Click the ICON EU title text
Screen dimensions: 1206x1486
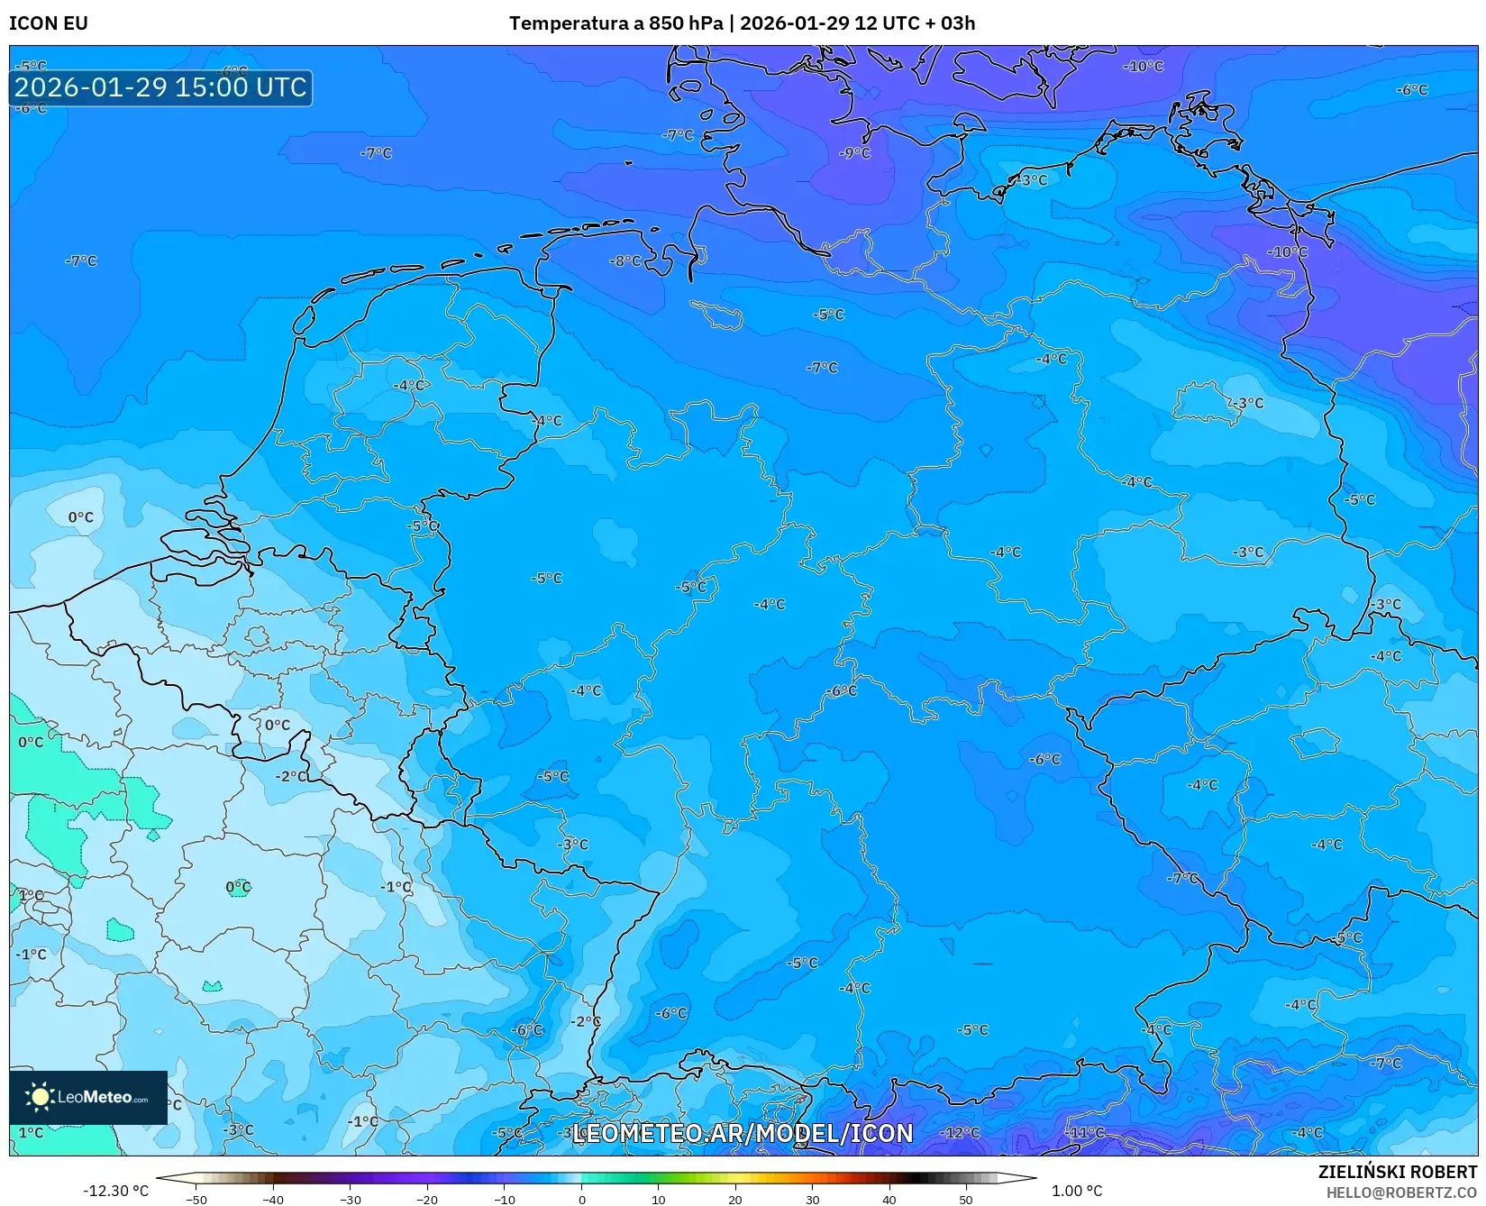coord(49,23)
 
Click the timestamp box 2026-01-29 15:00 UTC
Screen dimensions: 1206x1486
coord(161,87)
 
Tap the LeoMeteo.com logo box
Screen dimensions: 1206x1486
coord(88,1097)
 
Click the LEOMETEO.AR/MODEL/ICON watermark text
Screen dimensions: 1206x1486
coord(743,1133)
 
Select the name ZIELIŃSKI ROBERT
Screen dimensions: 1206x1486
coord(1398,1172)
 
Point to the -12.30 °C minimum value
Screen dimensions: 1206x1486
coord(115,1191)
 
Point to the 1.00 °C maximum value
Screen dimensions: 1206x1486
coord(1077,1191)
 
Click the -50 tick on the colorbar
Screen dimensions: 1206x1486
coord(196,1199)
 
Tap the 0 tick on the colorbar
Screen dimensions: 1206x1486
coord(581,1199)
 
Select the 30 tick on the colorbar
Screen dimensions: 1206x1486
coord(812,1199)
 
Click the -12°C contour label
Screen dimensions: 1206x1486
coord(960,1132)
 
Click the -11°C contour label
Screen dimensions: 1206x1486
coord(1086,1132)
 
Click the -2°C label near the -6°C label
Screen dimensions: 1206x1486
coord(585,1021)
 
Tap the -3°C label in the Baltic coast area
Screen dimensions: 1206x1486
coord(1032,180)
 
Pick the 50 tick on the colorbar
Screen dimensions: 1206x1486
coord(966,1199)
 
